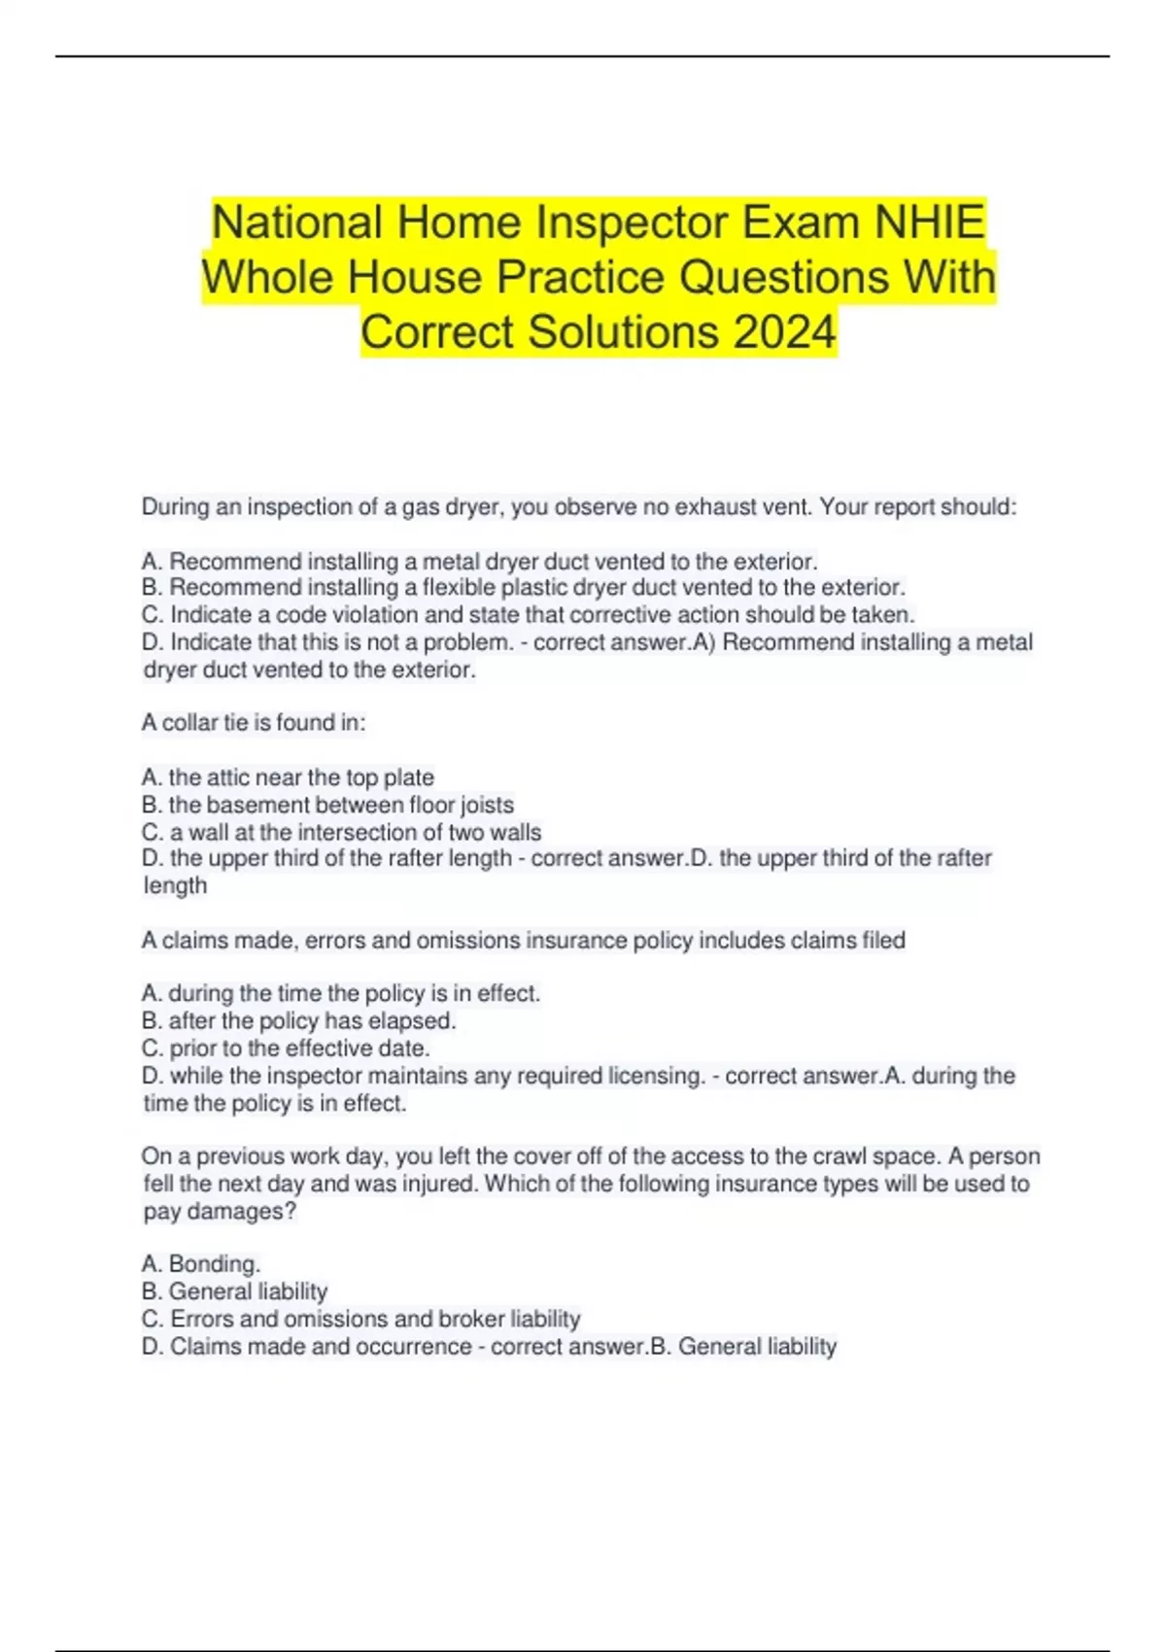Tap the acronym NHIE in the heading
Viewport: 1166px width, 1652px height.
[x=930, y=222]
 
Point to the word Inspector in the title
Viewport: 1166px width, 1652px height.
[x=632, y=222]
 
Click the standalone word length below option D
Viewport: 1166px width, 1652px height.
[x=175, y=886]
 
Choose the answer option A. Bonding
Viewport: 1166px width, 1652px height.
[x=201, y=1264]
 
